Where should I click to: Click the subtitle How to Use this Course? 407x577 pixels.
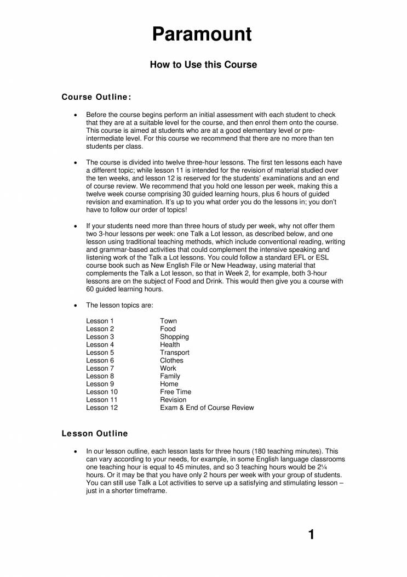[x=203, y=65]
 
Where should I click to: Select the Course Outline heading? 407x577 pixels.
[x=96, y=98]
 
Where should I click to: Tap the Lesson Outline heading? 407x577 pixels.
[x=95, y=433]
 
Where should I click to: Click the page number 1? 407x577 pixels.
[x=311, y=534]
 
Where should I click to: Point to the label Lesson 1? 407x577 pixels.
[x=100, y=321]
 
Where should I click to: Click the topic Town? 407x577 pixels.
[x=168, y=321]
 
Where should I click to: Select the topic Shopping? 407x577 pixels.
[x=174, y=337]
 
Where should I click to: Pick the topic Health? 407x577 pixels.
[x=170, y=344]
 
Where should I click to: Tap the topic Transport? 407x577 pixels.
[x=175, y=353]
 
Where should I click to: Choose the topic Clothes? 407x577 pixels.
[x=171, y=360]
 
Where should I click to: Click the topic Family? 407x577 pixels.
[x=170, y=376]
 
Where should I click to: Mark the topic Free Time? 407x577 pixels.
[x=175, y=392]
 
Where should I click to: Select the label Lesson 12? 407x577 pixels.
[x=102, y=408]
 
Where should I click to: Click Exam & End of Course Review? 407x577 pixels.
[x=207, y=408]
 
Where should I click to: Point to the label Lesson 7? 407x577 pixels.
[x=100, y=369]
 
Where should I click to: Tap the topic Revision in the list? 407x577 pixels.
[x=173, y=400]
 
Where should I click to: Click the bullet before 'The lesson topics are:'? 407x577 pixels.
[x=75, y=305]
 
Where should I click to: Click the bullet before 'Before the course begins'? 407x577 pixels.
[x=75, y=115]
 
